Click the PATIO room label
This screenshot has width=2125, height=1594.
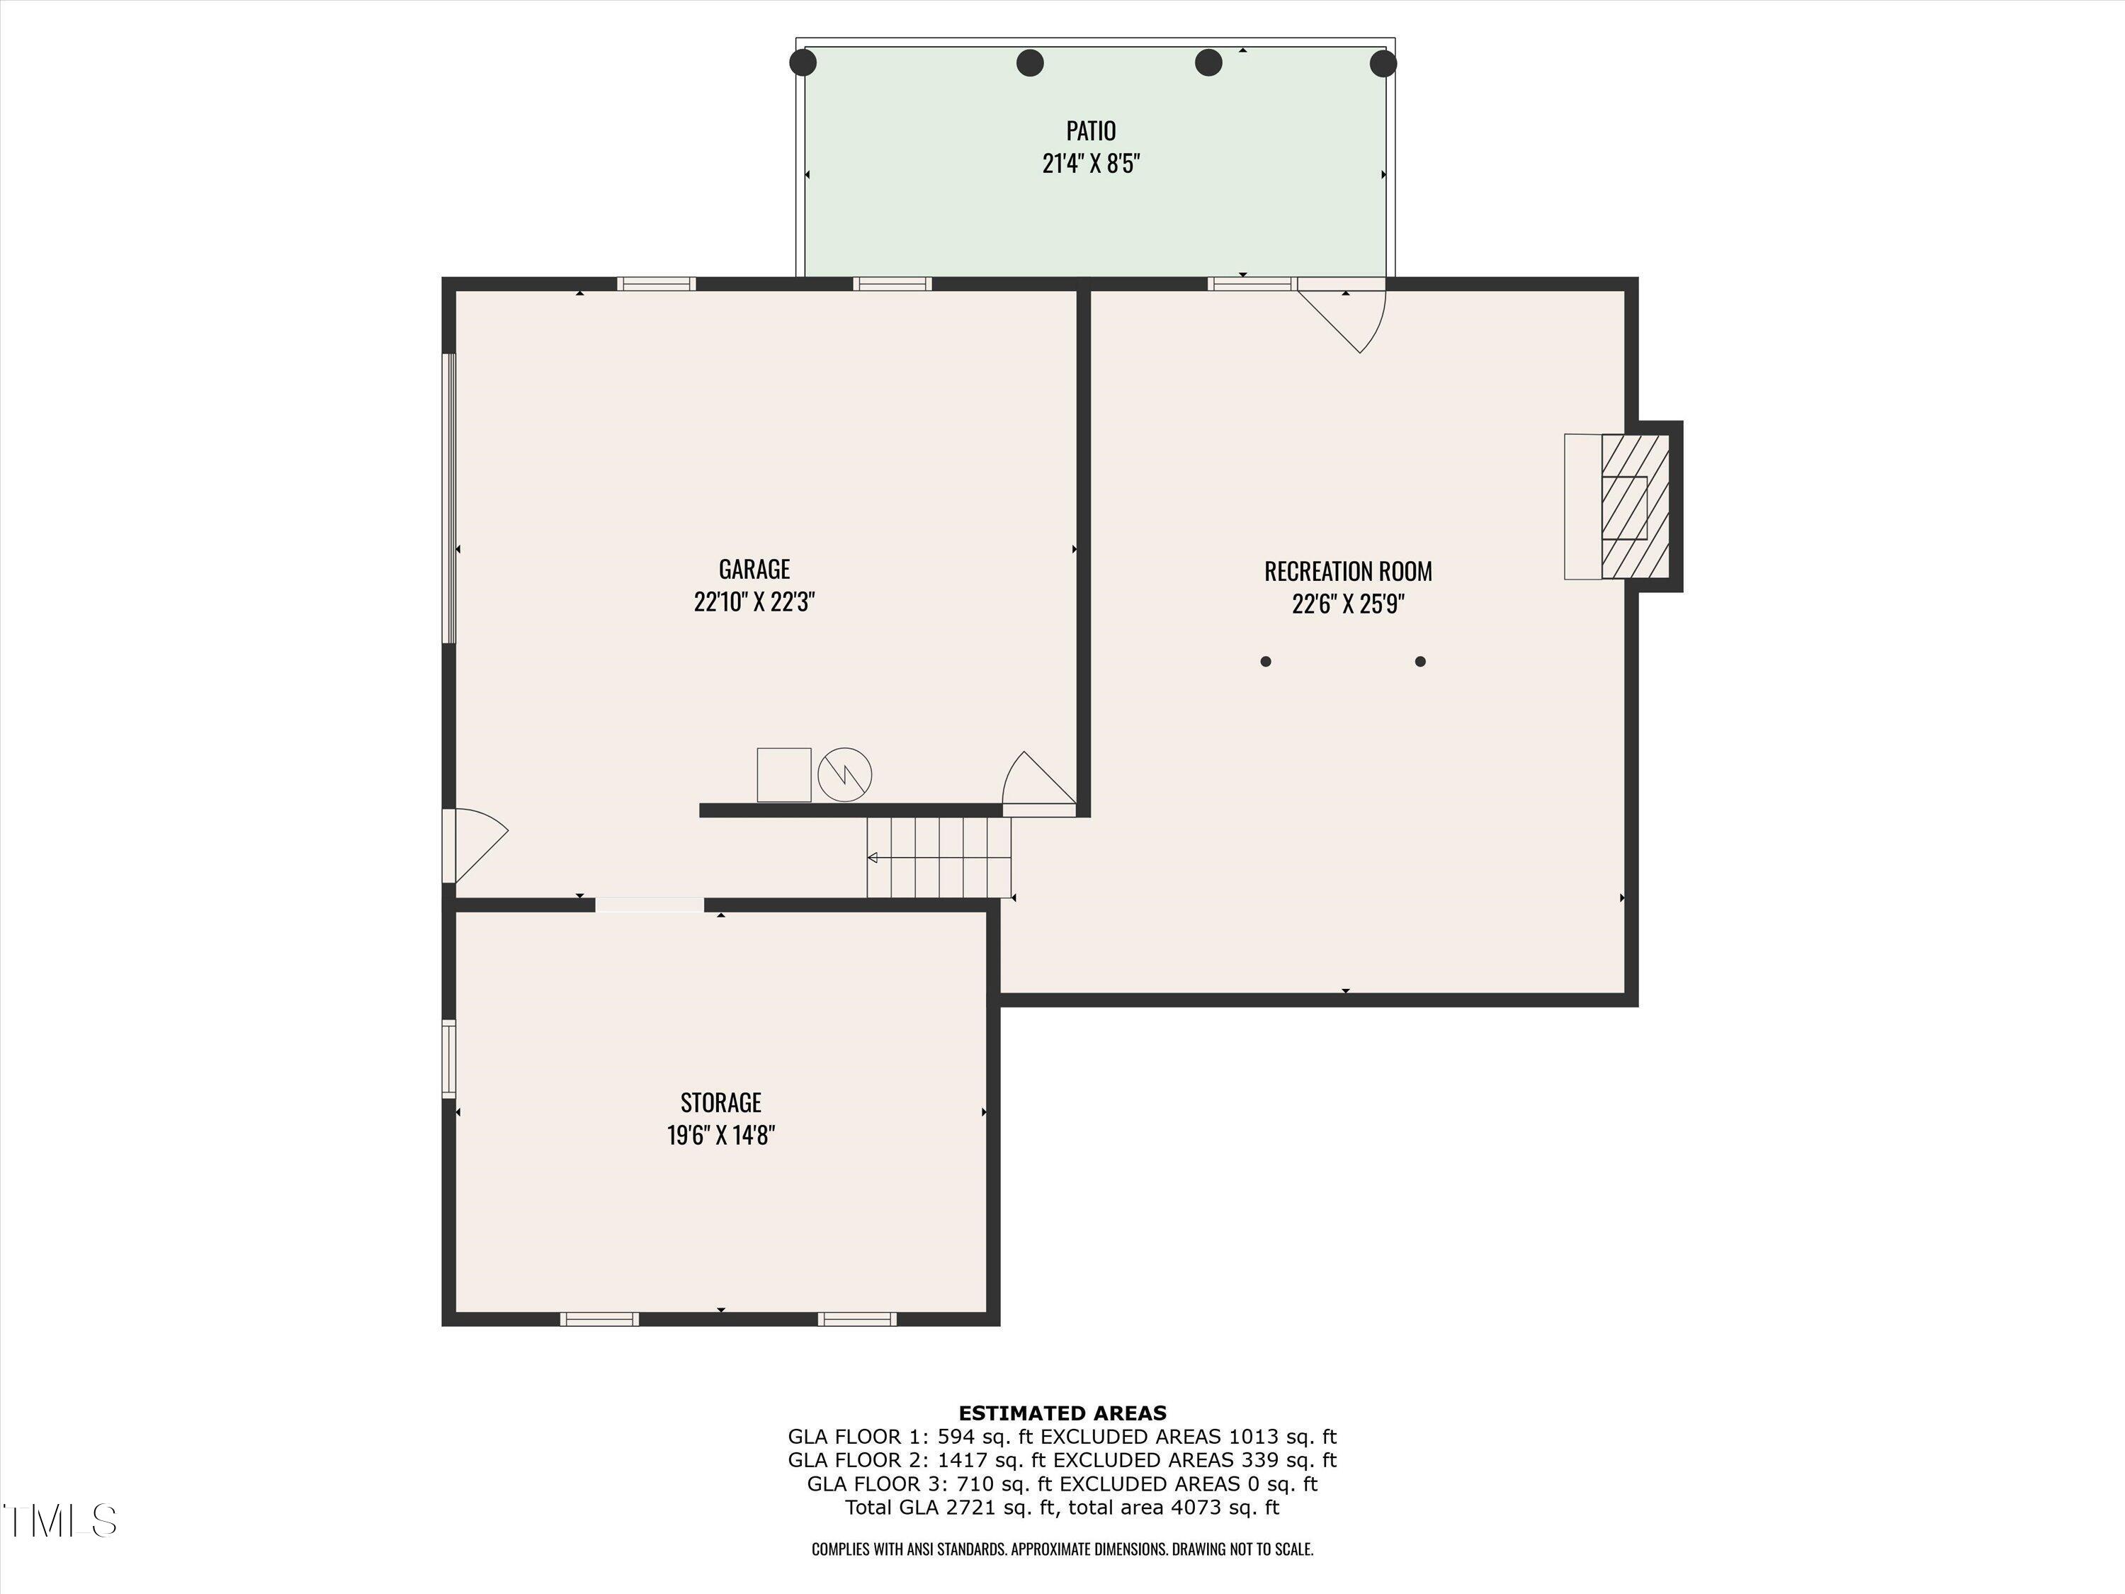1090,130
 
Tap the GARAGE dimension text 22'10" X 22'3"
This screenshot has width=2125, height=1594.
754,602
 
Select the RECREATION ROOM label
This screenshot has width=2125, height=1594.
1348,571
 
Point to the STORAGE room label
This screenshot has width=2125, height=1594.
720,1102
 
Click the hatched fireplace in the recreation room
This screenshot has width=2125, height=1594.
1635,507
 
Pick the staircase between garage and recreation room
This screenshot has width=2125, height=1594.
939,857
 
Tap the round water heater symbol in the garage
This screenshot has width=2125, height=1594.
844,774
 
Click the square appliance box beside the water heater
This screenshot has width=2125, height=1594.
784,774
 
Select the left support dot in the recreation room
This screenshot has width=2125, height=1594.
1266,661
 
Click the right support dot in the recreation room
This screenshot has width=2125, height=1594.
1421,661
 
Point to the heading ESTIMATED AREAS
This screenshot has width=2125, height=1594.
1062,1413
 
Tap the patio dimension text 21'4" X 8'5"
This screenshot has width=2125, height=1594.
1090,164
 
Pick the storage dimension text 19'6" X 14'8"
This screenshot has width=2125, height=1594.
720,1136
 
